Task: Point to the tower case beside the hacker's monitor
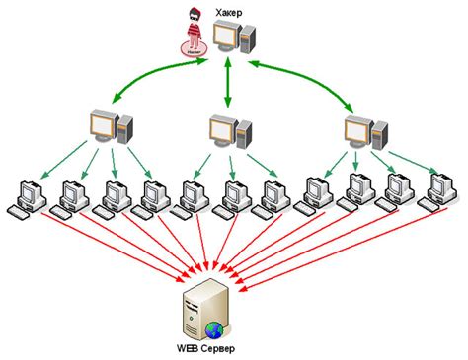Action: click(x=247, y=39)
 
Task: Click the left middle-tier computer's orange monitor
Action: click(x=101, y=125)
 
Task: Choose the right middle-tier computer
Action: click(x=359, y=131)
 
